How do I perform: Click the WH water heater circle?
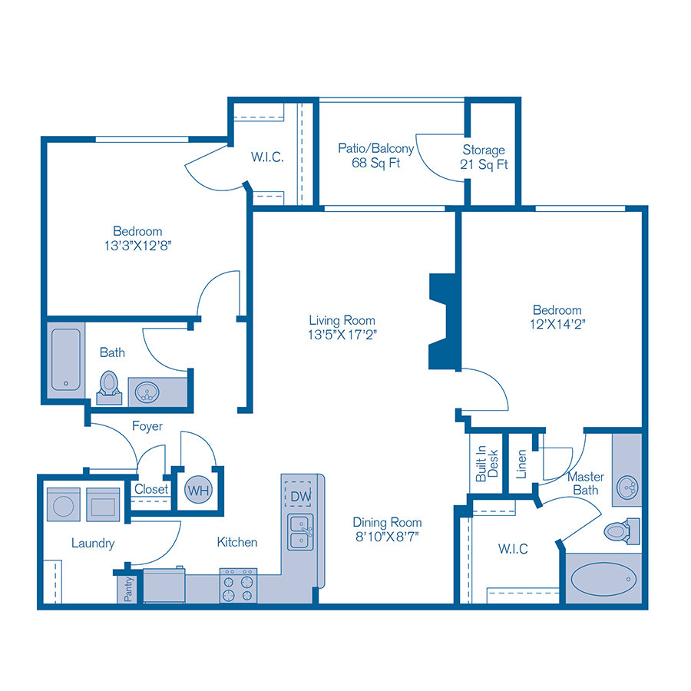tap(198, 489)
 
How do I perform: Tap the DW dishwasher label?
tap(300, 497)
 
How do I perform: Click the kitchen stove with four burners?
tap(237, 586)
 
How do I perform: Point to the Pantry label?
tap(128, 590)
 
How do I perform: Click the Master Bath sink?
tap(627, 485)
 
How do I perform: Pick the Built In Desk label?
tap(487, 465)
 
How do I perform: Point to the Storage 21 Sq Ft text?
tap(484, 157)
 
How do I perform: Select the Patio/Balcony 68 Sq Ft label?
tap(376, 155)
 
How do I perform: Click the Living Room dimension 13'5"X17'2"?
tap(342, 334)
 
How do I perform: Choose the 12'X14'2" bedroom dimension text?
tap(557, 324)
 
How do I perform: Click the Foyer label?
tap(147, 426)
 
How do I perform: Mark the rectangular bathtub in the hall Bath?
tap(67, 361)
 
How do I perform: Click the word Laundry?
tap(93, 543)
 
